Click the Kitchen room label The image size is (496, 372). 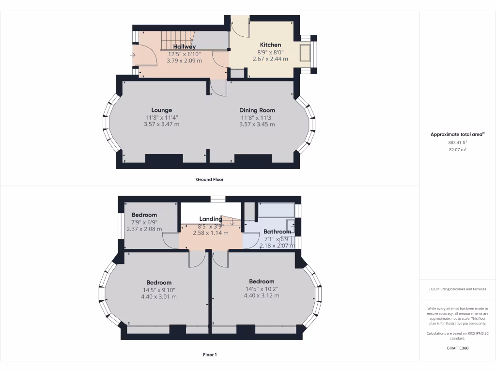pos(270,45)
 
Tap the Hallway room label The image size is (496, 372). pos(185,47)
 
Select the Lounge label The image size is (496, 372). pos(161,110)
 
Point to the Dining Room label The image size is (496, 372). pos(257,110)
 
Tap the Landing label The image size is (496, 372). pos(210,219)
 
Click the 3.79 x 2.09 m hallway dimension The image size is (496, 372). pos(184,61)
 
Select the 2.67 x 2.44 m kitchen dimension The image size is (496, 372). pos(270,59)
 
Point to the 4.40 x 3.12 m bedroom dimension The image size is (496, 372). pos(262,295)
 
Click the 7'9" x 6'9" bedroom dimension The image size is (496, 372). pos(144,222)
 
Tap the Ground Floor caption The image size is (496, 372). pos(210,179)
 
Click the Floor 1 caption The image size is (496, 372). pos(210,355)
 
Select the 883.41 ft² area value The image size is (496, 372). pos(457,142)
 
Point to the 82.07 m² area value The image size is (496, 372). pos(457,150)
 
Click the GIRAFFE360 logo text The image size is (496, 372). pos(457,348)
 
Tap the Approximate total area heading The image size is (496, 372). pos(457,134)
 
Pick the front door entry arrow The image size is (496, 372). pos(133,55)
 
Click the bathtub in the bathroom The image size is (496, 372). pos(276,210)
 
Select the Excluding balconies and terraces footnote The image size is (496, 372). pos(457,289)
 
